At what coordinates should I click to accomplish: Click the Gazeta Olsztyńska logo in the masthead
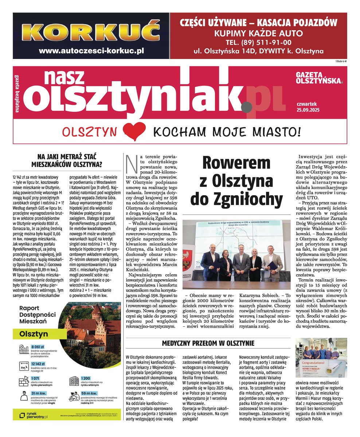[x=320, y=77]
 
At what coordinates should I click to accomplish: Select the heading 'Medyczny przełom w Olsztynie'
[x=208, y=343]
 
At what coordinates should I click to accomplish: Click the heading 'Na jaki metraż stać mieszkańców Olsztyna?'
[x=67, y=161]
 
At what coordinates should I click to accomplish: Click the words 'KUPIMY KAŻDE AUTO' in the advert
[x=258, y=34]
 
